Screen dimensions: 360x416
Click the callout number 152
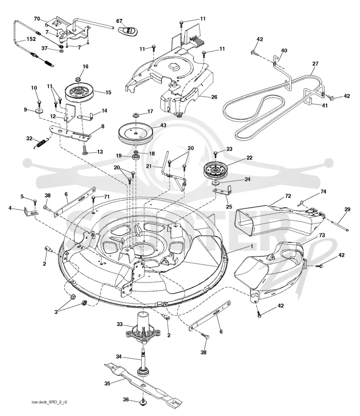[x=31, y=39]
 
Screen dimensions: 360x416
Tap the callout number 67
[x=119, y=21]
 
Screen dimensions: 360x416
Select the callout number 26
[x=214, y=97]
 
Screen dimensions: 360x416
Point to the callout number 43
[x=163, y=125]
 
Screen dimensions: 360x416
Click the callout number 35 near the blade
[x=107, y=384]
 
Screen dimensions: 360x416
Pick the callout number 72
[x=288, y=196]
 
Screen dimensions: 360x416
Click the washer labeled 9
[x=40, y=110]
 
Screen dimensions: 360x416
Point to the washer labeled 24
[x=215, y=183]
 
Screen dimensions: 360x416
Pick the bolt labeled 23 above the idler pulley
[x=215, y=153]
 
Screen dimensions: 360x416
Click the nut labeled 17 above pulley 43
[x=136, y=115]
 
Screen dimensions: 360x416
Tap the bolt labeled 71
[x=93, y=199]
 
